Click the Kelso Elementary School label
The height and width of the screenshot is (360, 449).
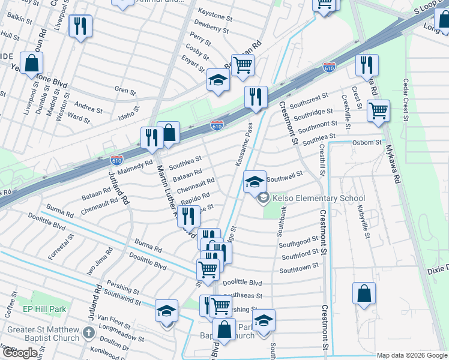[x=318, y=199]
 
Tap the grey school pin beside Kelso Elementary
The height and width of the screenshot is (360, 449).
[x=263, y=199]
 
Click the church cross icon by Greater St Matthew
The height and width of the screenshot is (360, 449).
[x=88, y=333]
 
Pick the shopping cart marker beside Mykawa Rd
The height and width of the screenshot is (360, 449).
[x=379, y=111]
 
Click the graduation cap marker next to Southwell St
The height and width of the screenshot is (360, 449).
[x=255, y=181]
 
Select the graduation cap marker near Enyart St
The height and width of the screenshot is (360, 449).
[x=218, y=79]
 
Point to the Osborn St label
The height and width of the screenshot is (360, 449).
[x=366, y=142]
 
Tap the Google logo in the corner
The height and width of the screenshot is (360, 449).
[x=19, y=353]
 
